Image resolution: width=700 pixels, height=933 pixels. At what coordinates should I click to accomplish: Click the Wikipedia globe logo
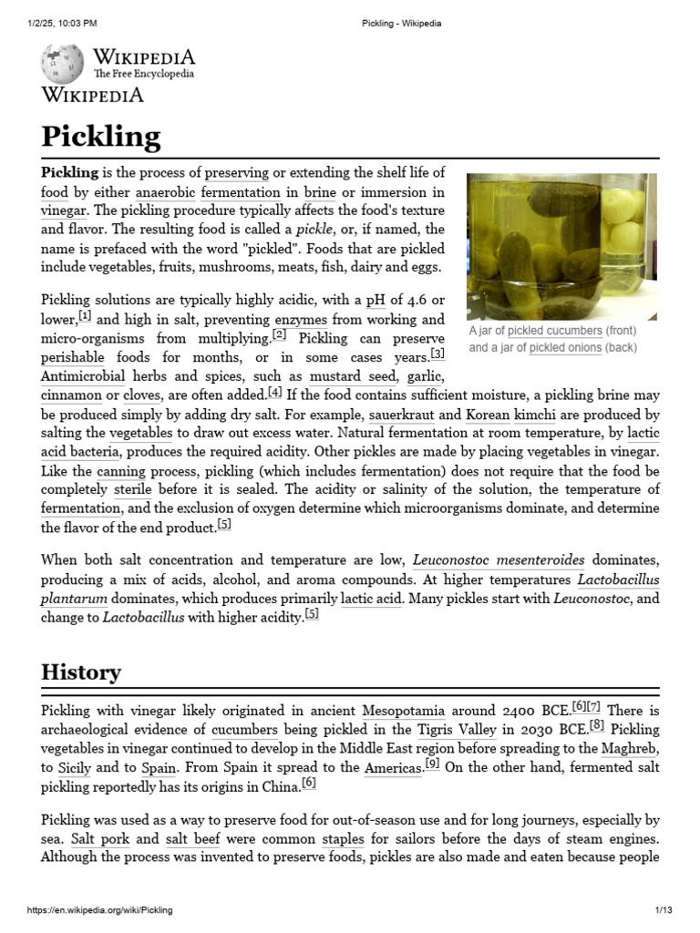(x=62, y=65)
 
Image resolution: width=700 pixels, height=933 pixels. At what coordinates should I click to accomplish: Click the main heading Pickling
(x=101, y=137)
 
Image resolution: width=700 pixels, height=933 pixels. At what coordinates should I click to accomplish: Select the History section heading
(x=81, y=672)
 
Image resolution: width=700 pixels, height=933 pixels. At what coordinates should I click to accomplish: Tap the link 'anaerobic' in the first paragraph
(x=165, y=192)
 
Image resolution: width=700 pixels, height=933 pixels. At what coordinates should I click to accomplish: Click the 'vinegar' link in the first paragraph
(x=63, y=210)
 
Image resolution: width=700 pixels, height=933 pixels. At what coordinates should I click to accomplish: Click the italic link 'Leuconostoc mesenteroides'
(x=499, y=559)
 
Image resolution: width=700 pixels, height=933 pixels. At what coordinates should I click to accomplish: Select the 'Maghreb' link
(x=630, y=749)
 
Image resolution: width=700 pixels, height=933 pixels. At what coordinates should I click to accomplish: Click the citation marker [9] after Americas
(x=432, y=765)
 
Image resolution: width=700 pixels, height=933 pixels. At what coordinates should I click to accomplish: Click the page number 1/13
(x=663, y=910)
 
